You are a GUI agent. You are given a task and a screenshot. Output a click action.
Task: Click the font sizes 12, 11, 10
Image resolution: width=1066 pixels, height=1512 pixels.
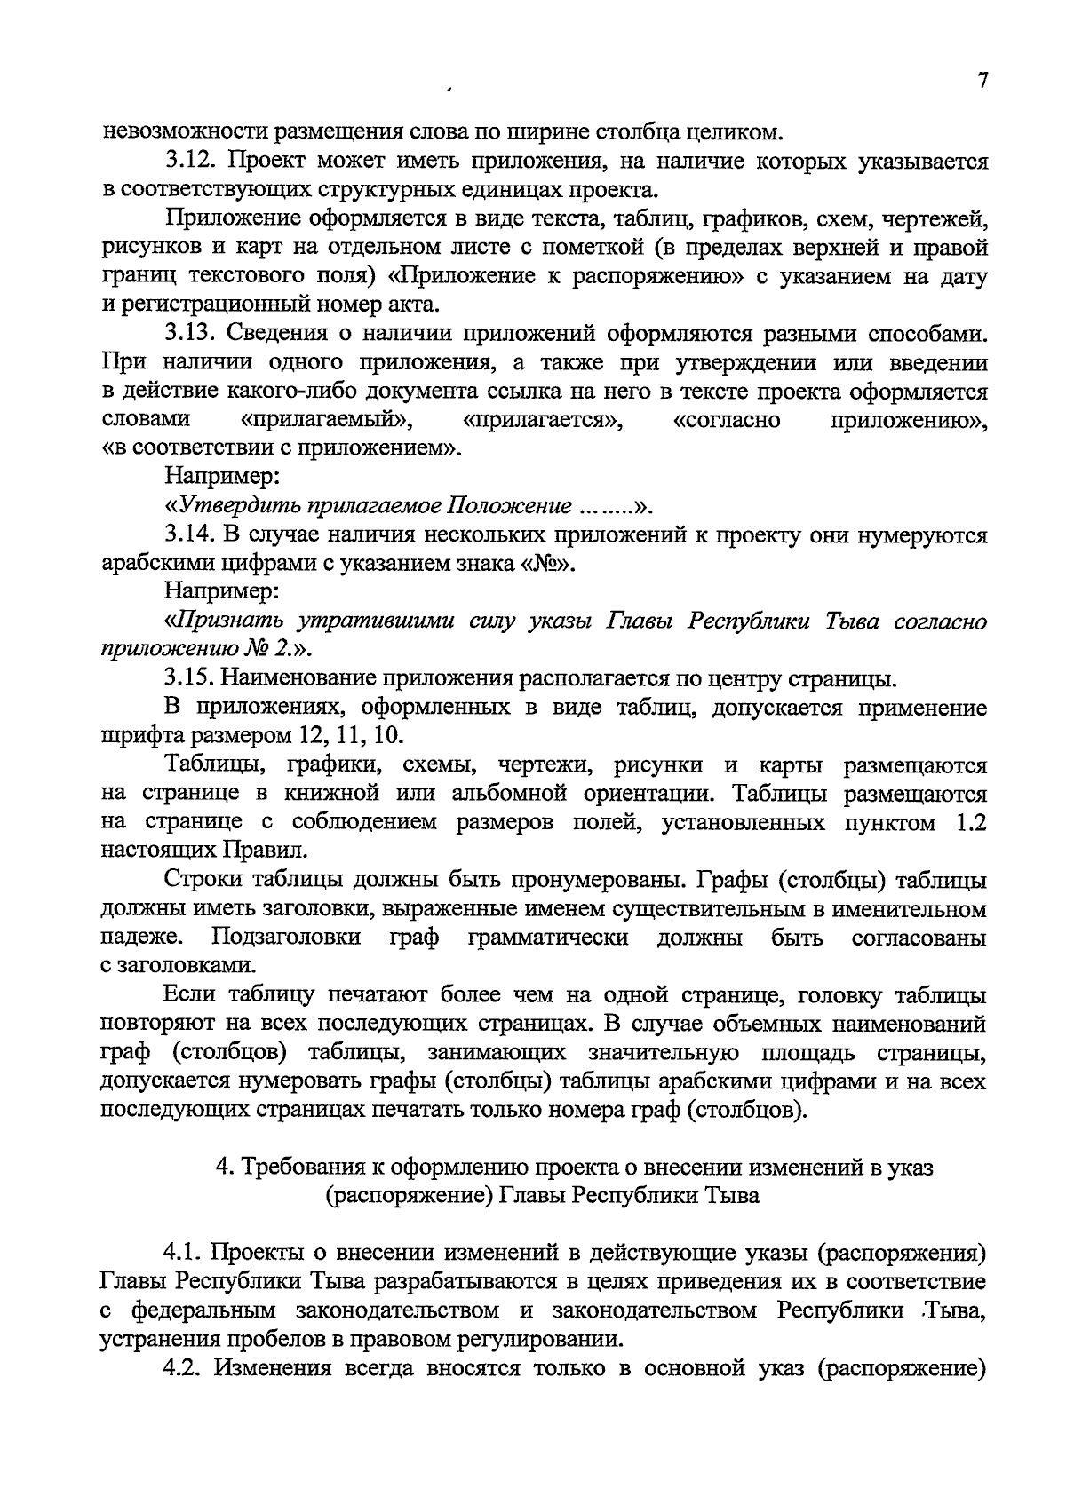tap(354, 737)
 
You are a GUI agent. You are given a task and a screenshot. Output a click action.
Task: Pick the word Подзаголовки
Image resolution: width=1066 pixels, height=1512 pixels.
tap(286, 938)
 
